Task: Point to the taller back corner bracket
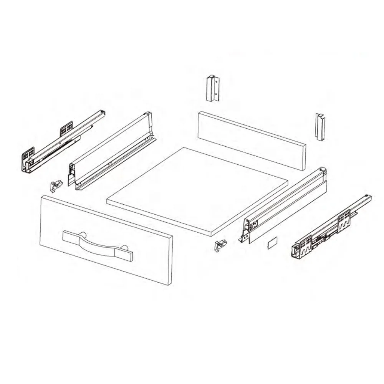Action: [x=212, y=88]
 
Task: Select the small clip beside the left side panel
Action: [x=56, y=186]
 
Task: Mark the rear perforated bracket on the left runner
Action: [x=66, y=129]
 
